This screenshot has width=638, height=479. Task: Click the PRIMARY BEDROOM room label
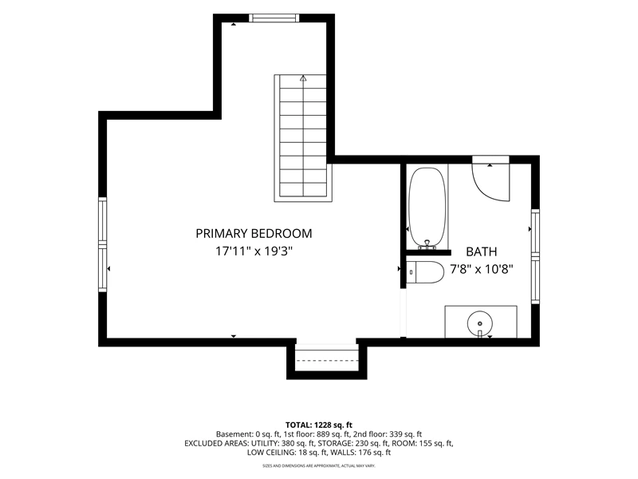(254, 233)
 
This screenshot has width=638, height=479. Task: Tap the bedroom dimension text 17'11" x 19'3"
(254, 251)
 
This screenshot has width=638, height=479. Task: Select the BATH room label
(482, 251)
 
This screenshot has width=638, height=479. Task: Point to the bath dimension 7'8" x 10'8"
(482, 269)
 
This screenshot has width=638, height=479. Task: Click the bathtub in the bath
(427, 208)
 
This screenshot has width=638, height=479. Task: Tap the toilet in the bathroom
(425, 272)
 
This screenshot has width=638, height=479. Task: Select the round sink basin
(480, 323)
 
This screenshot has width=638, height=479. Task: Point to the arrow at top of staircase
(303, 78)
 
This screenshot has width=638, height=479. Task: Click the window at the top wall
(274, 18)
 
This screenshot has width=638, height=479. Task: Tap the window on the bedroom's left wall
(103, 244)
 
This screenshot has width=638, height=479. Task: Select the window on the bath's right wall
(535, 256)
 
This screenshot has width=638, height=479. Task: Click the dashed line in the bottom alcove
(327, 361)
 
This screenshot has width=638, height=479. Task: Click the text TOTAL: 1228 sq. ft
(319, 426)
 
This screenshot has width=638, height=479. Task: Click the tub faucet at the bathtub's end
(427, 244)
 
